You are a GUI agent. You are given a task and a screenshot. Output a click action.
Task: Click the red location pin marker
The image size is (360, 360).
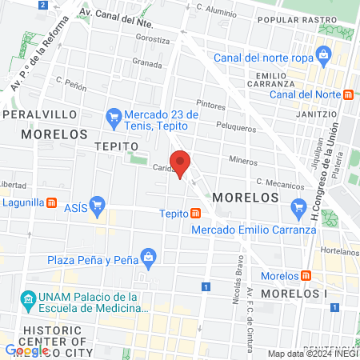(x=180, y=162)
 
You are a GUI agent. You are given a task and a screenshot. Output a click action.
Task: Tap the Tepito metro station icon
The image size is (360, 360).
(x=195, y=214)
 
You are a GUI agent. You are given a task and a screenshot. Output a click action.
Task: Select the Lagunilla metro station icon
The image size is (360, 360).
(x=52, y=203)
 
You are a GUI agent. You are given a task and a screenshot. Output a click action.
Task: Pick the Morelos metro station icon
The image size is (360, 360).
(x=306, y=276)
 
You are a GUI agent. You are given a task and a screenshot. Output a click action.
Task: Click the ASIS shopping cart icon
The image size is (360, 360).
(x=98, y=205)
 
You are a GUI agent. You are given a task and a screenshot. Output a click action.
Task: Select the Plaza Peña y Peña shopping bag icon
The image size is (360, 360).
(x=148, y=257)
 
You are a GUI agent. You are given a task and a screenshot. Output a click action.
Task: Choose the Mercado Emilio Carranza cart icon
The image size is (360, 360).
(x=299, y=208)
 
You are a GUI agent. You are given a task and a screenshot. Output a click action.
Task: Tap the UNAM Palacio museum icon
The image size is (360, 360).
(x=29, y=302)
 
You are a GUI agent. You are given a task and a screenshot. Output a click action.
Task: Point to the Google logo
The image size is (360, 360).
(x=26, y=350)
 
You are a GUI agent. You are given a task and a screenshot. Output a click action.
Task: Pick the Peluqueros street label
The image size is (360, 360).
(x=236, y=127)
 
